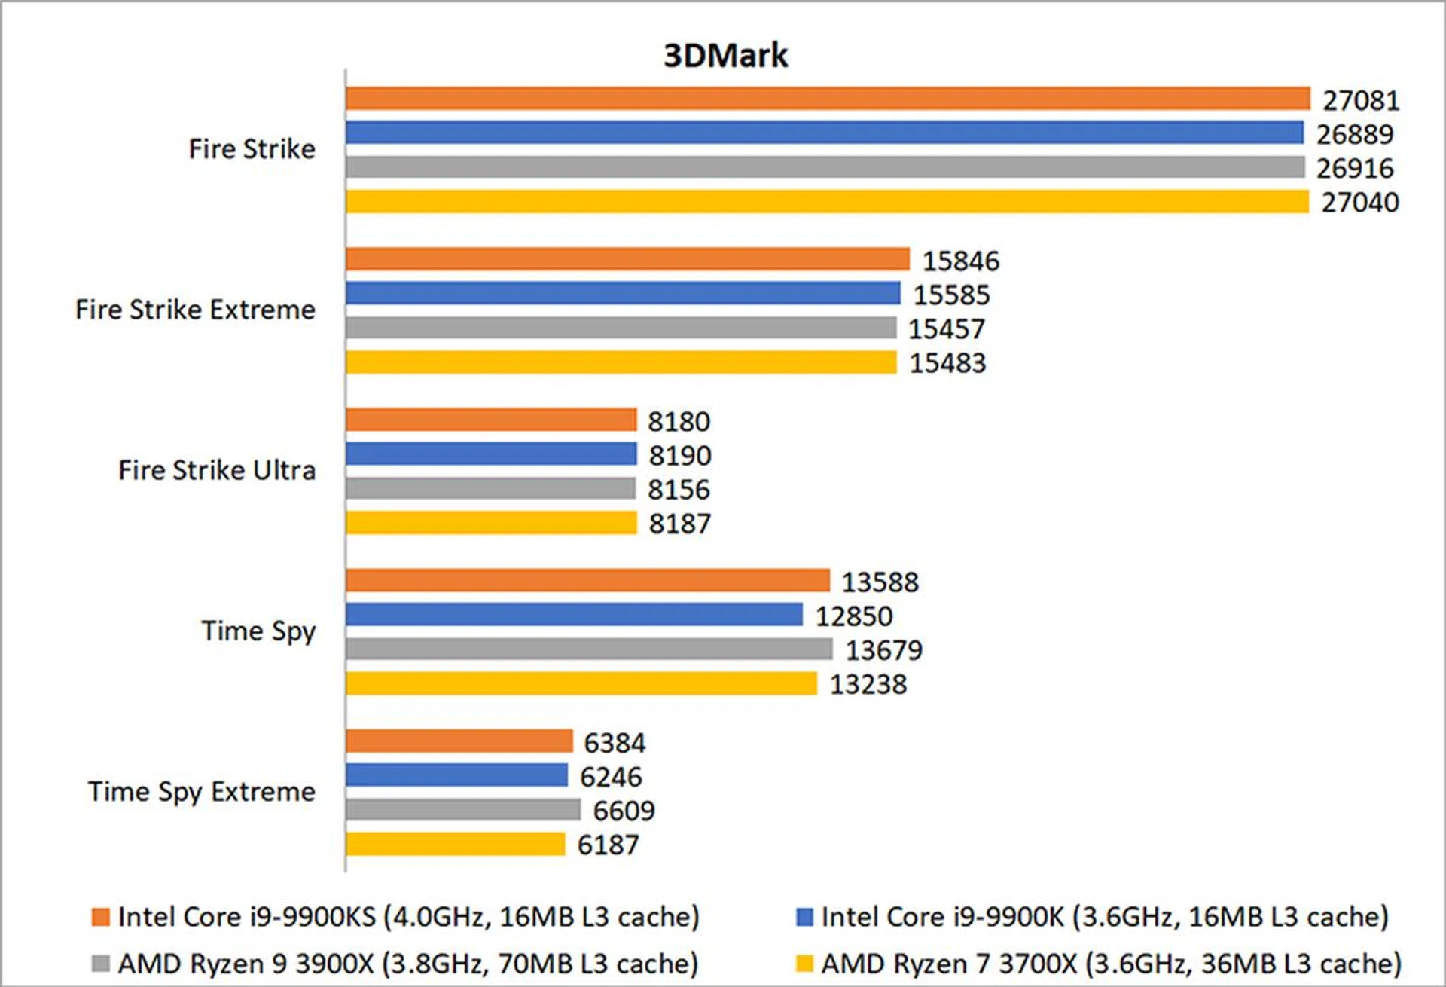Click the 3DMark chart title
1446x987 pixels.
(725, 56)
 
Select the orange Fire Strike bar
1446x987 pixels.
(828, 99)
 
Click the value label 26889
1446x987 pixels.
(1354, 134)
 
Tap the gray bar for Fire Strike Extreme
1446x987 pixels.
(621, 328)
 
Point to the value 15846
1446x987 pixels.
(960, 261)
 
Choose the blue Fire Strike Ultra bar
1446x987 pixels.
(491, 454)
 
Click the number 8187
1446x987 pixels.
(679, 524)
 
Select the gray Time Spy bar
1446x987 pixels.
(589, 649)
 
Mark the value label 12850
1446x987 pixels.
(853, 616)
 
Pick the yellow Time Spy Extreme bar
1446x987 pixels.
(455, 844)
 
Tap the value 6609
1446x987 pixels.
(624, 811)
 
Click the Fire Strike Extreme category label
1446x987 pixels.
(195, 310)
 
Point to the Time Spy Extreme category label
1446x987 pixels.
(201, 792)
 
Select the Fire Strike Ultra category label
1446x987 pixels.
(217, 470)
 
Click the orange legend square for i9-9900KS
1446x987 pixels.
(100, 917)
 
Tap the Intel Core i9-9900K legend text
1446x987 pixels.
(1104, 917)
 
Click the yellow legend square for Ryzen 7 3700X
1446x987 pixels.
(804, 964)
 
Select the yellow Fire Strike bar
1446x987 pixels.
(827, 202)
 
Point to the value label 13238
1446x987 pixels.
(868, 684)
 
